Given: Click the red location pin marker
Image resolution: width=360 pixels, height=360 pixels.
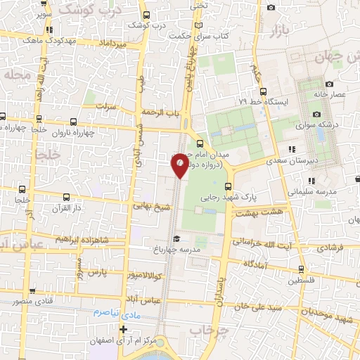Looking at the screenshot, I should (x=180, y=165).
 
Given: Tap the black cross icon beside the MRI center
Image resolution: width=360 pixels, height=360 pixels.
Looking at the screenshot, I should (x=124, y=329).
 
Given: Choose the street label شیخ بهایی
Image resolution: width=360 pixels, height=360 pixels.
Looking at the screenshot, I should (x=152, y=207).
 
